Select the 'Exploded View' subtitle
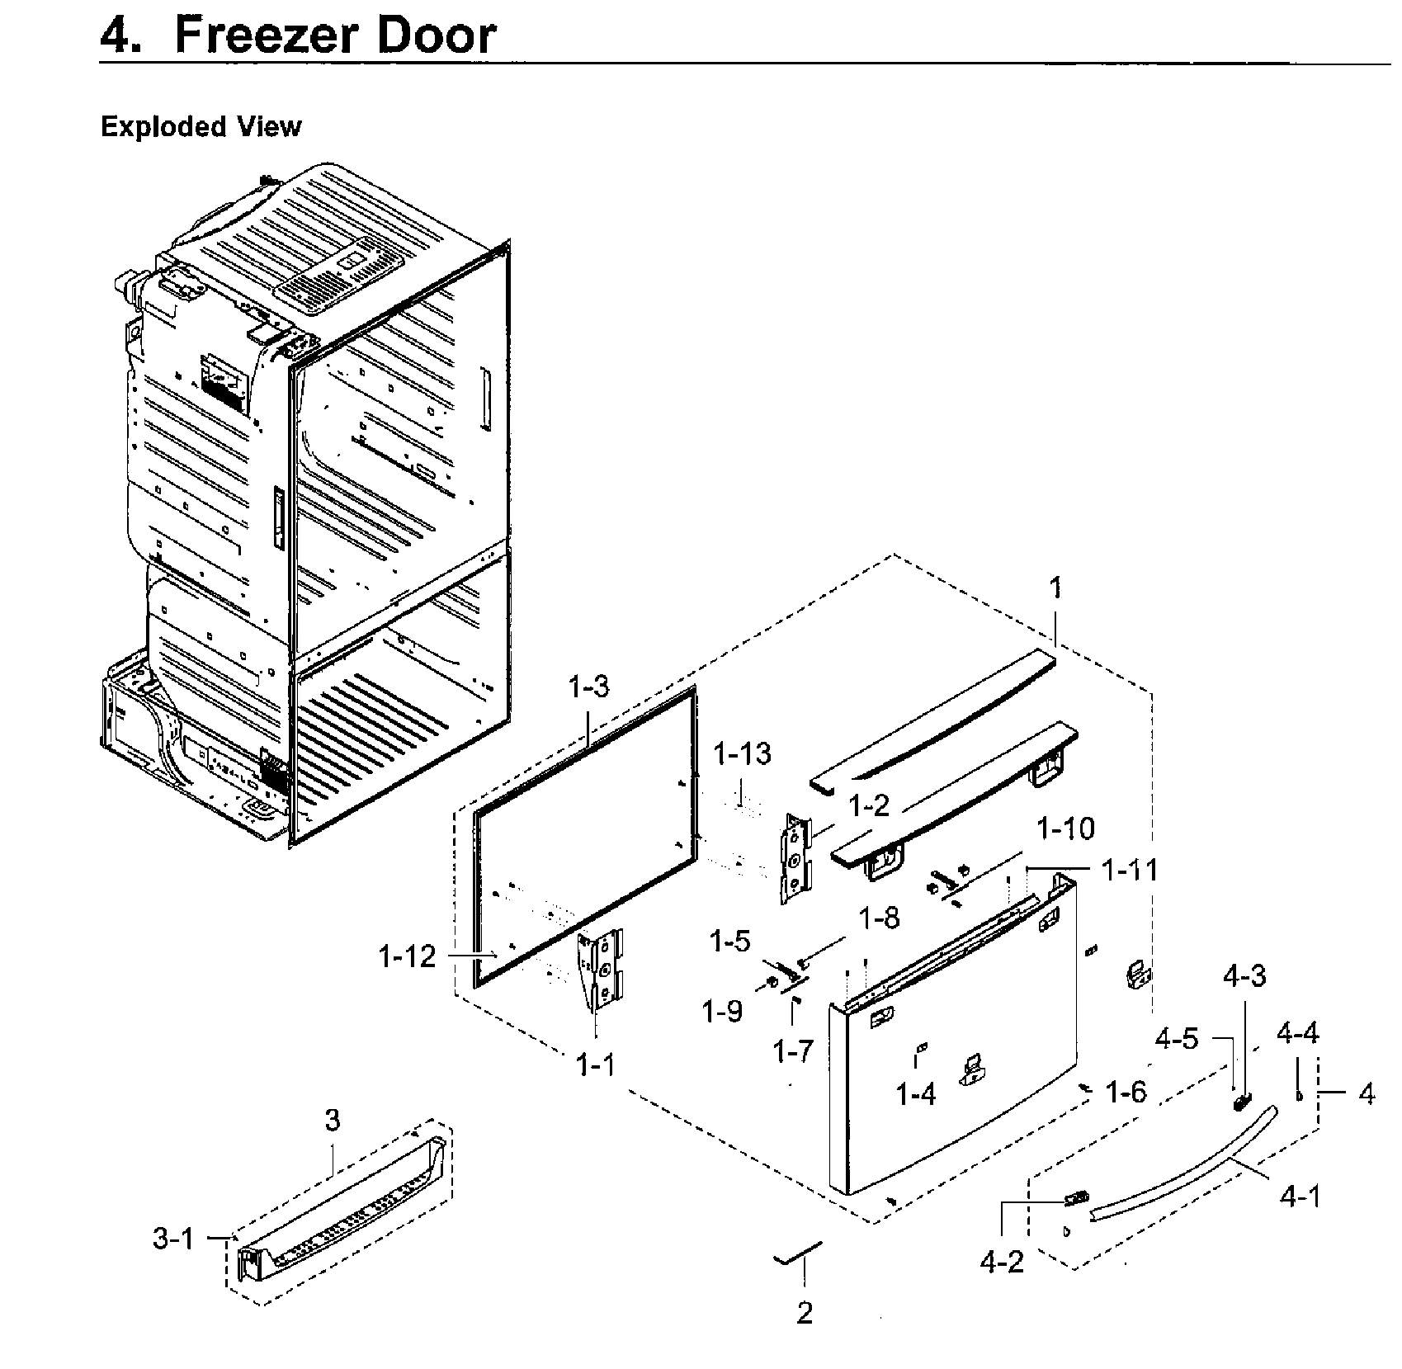[201, 127]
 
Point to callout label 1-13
[742, 753]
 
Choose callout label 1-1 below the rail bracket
[596, 1065]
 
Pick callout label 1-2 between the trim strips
[869, 806]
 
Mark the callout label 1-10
[1065, 828]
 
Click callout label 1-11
[1130, 870]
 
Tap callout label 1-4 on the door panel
[916, 1094]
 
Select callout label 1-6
[1126, 1092]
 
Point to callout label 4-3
[1244, 976]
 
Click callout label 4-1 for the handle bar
[1300, 1196]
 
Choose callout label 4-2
[1002, 1262]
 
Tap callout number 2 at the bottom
[805, 1312]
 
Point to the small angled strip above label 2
[797, 1253]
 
